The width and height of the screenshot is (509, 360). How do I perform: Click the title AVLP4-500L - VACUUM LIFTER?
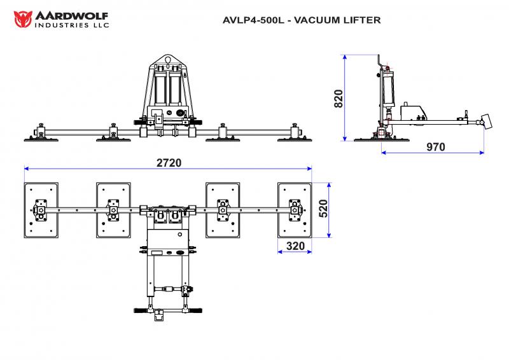click(x=302, y=20)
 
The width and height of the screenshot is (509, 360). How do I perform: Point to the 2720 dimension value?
click(x=169, y=162)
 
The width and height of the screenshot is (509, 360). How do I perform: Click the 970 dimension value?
click(x=435, y=147)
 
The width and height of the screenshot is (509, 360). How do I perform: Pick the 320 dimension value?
click(x=295, y=246)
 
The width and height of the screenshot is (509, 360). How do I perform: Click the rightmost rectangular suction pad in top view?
click(x=295, y=211)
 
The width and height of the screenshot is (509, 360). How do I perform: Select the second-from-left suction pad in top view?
click(x=113, y=211)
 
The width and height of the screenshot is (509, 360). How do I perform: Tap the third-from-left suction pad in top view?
click(x=222, y=211)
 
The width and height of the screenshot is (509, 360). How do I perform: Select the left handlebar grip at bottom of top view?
click(x=141, y=311)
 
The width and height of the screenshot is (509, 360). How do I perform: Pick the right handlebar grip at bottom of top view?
click(x=194, y=311)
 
